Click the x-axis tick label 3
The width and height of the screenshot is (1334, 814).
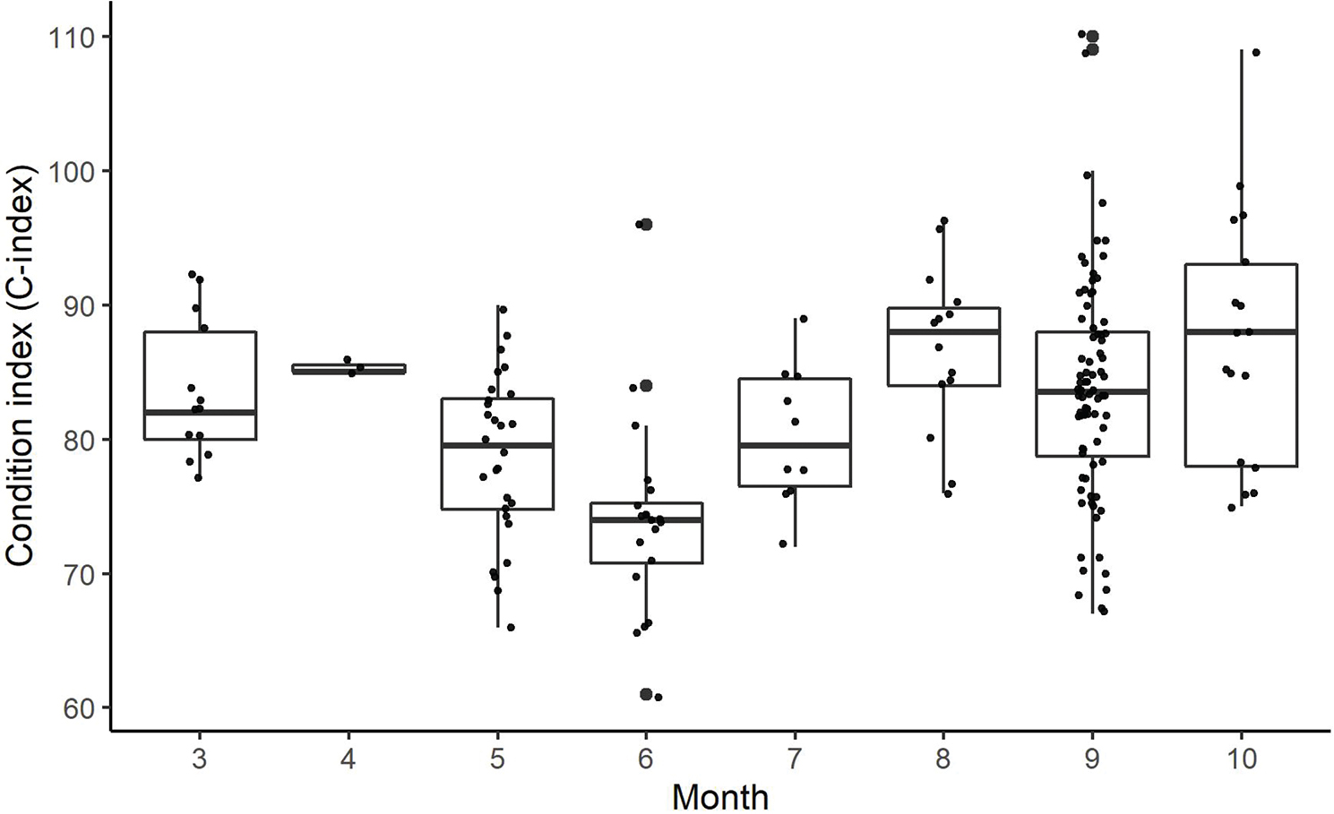pos(199,759)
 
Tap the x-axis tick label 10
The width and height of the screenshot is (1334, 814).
pos(1241,759)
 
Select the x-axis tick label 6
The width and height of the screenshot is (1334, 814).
pos(645,759)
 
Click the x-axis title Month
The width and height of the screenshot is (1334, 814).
pos(719,796)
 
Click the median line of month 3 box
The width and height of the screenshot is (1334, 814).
pos(201,412)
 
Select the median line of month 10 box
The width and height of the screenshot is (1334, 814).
pos(1241,331)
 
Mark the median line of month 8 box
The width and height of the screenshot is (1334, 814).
pos(943,331)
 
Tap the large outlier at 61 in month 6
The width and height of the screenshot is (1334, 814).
pos(645,694)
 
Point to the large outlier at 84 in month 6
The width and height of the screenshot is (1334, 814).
pos(646,386)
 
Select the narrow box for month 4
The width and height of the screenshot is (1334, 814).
pos(349,368)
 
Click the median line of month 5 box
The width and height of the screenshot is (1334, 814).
pos(497,445)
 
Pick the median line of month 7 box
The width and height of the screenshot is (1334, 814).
pos(795,445)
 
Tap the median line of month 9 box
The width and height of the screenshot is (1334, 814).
pos(1092,391)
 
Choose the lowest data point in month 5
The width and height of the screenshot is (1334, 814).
pos(511,627)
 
